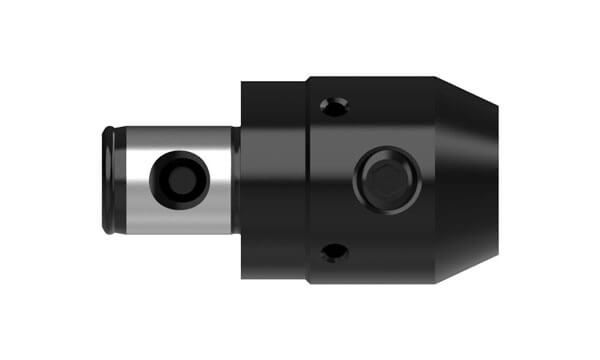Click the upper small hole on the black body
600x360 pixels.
coord(332,105)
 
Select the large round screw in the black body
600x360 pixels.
coord(384,179)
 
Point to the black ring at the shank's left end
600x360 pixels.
coord(107,180)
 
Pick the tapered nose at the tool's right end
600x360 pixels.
coord(465,180)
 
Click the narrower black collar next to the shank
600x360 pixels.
coord(272,180)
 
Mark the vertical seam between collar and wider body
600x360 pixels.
coord(306,180)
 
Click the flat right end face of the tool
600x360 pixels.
coord(497,180)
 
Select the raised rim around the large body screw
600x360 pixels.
coord(384,155)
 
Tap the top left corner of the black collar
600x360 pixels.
coord(243,84)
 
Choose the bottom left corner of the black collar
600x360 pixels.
coord(243,276)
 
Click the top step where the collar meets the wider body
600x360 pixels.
coord(306,79)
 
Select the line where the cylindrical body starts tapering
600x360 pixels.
coord(434,180)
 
